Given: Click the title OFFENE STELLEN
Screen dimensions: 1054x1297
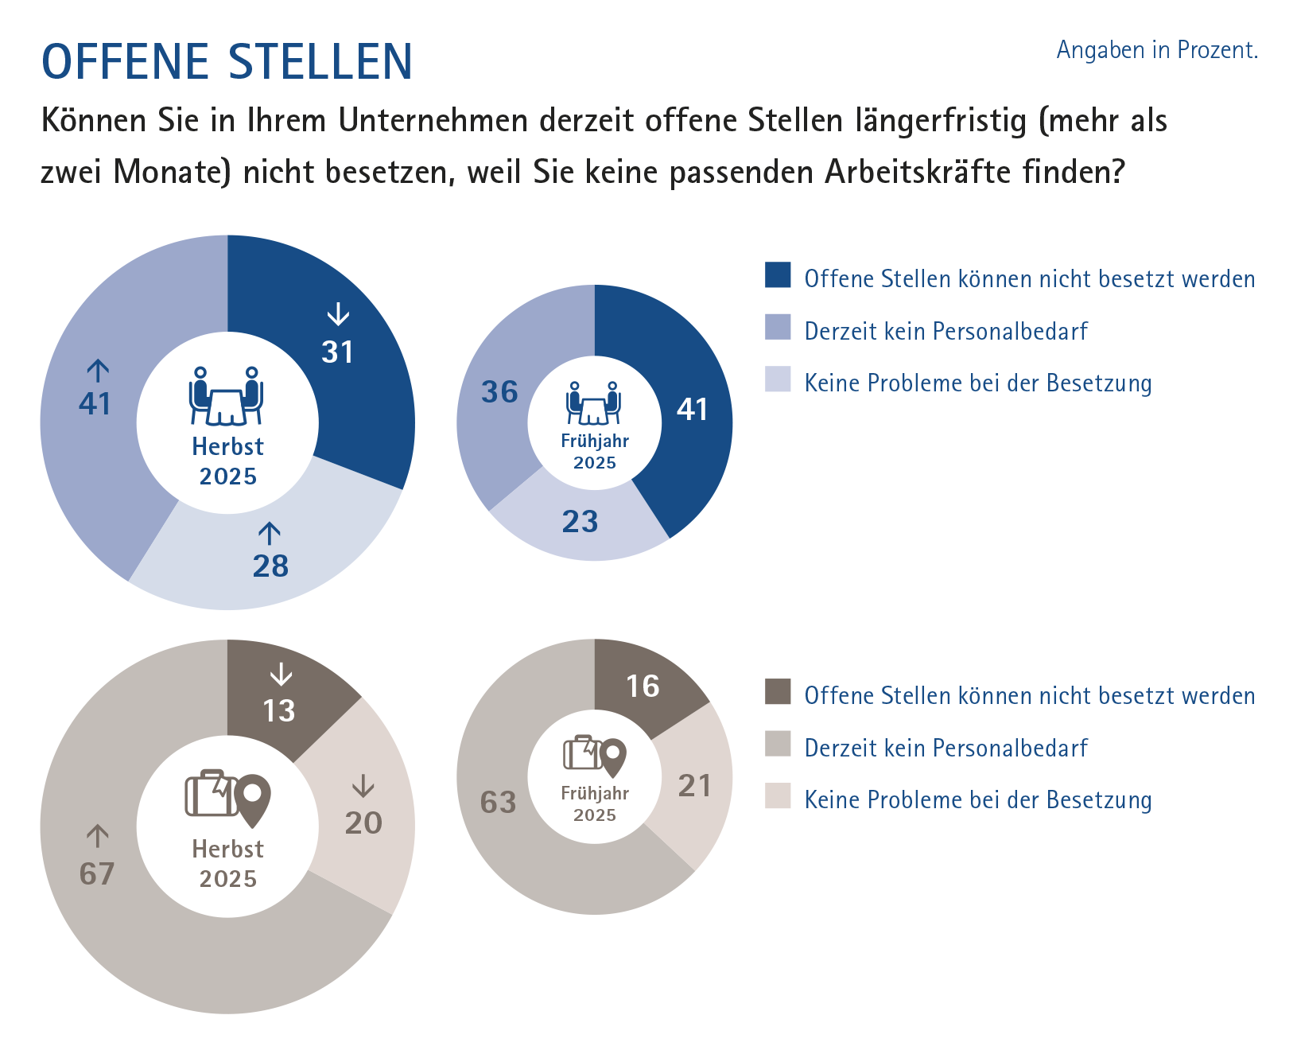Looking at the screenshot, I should click(227, 62).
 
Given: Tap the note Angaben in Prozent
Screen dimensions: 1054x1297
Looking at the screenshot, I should click(1156, 50).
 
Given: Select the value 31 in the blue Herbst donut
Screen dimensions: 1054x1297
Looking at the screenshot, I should click(338, 352).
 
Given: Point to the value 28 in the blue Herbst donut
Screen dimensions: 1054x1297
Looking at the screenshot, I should click(270, 566).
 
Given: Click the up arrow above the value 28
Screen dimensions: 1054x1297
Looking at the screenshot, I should click(270, 533).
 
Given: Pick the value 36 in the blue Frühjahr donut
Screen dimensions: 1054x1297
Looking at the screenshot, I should click(499, 392).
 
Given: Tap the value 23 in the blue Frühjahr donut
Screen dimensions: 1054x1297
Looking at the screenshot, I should click(580, 522).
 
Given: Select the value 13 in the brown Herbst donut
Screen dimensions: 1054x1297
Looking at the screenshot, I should click(279, 711).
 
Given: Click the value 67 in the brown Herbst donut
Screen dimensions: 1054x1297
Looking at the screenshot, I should click(97, 874).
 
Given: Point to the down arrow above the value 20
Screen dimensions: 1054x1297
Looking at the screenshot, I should click(363, 786).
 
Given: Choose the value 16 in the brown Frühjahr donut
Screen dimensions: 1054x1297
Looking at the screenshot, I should click(643, 686).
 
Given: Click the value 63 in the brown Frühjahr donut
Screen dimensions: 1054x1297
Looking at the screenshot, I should click(499, 803).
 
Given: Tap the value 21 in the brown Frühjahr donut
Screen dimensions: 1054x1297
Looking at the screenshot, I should click(694, 786).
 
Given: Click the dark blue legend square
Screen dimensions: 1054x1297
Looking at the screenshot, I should click(778, 274).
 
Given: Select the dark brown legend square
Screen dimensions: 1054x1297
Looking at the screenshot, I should click(778, 691).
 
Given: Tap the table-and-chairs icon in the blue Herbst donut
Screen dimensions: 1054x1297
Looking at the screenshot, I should click(227, 395).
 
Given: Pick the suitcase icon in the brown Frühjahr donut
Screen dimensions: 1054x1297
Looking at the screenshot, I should click(583, 753).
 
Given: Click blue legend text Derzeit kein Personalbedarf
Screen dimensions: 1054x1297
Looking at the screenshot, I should click(946, 331).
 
